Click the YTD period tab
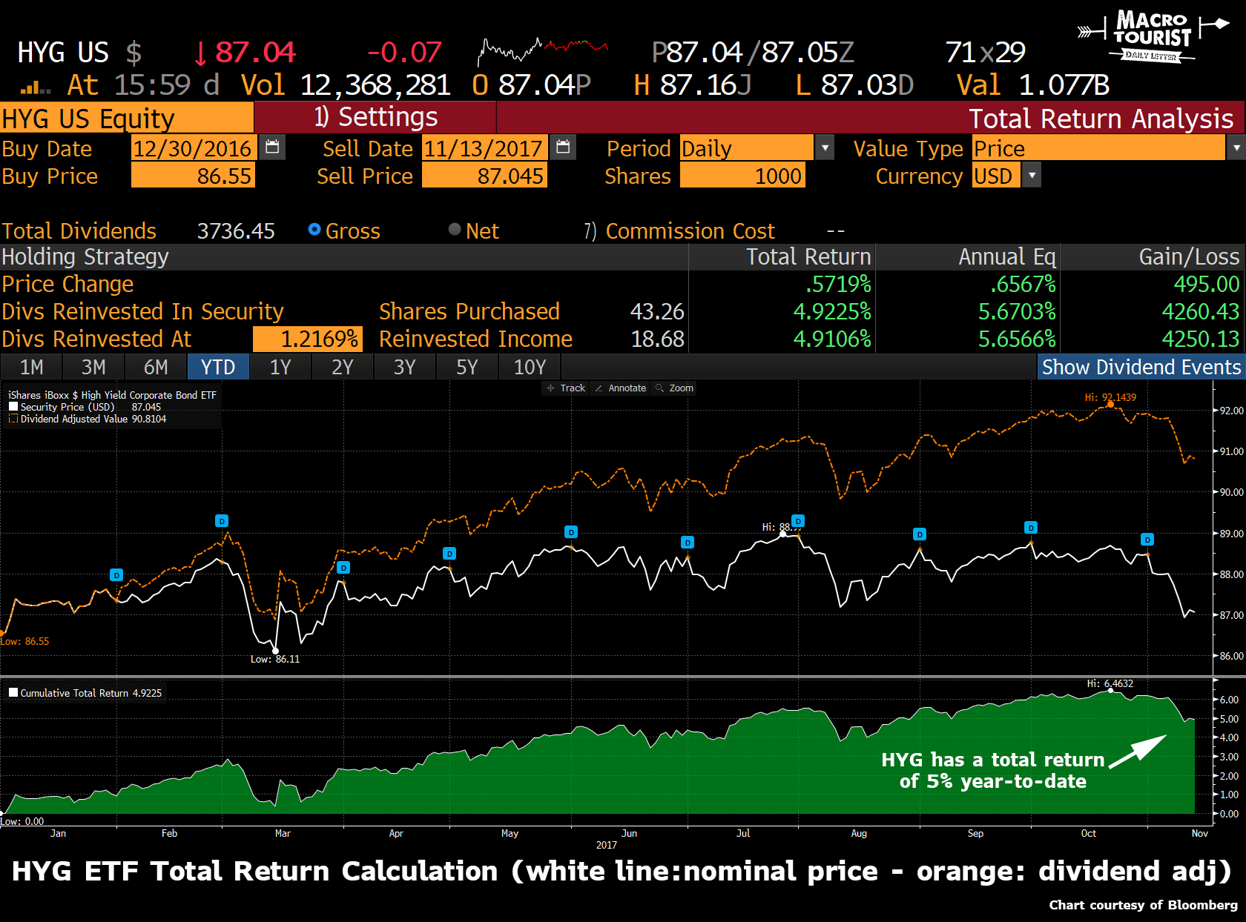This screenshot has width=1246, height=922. point(218,367)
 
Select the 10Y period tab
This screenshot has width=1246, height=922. point(530,367)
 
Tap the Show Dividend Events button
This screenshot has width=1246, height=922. point(1141,367)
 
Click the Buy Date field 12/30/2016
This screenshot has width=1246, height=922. point(193,148)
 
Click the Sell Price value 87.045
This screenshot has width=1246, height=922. point(484,176)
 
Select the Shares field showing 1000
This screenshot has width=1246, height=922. point(742,176)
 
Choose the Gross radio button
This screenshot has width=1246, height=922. point(314,230)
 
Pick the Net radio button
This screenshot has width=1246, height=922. point(455,230)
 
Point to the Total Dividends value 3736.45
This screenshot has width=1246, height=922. point(236,231)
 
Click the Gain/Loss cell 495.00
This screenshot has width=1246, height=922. point(1206,284)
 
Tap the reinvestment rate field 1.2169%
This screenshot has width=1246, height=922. point(308,339)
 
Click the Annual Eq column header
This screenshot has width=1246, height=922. point(1006,256)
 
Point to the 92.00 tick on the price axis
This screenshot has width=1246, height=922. point(1231,411)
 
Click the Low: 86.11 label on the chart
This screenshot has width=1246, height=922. point(275,659)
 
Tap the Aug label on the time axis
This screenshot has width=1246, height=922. point(859,833)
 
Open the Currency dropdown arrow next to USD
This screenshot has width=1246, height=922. point(1032,176)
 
